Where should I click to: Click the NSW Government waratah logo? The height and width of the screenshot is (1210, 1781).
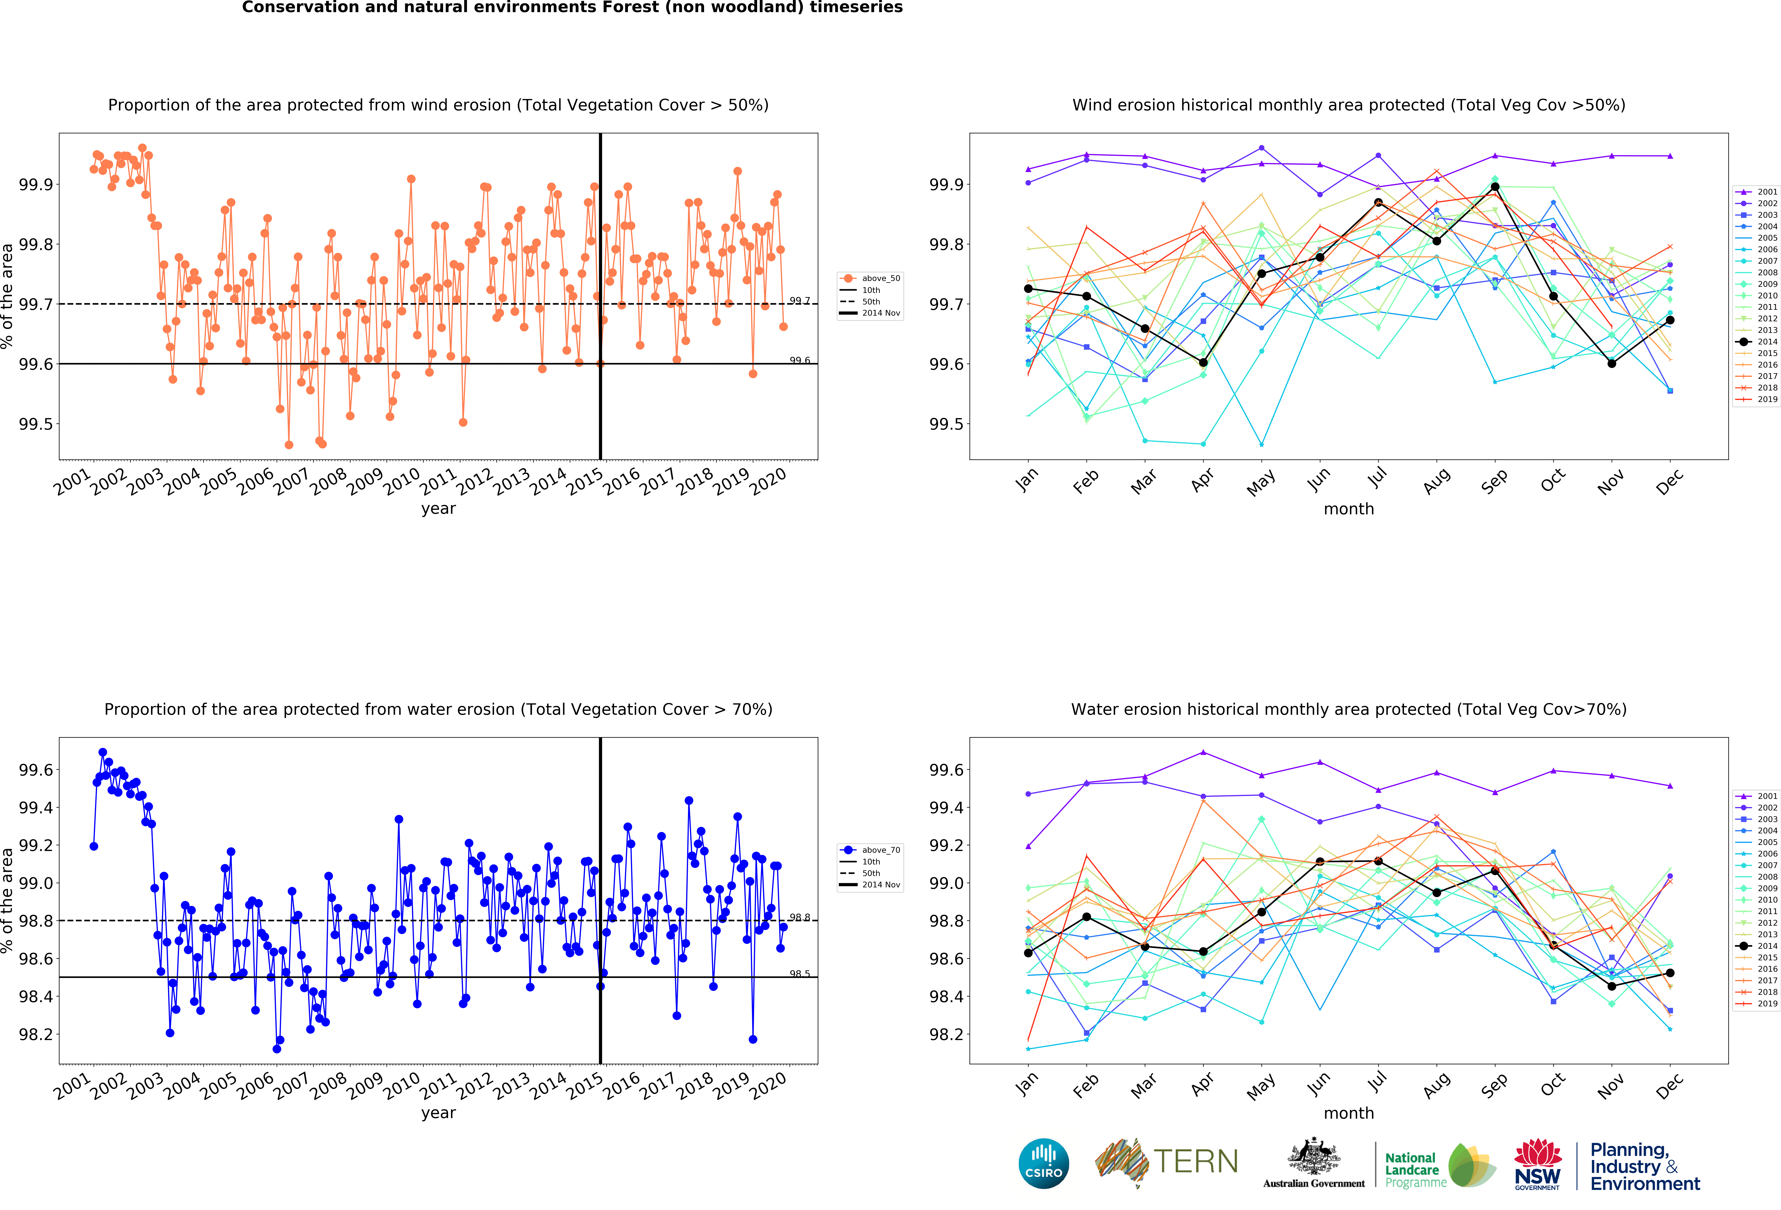pos(1537,1163)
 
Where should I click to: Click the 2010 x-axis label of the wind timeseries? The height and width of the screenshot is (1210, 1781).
pos(401,482)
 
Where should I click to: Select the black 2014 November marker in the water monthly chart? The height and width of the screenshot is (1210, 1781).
pos(1612,986)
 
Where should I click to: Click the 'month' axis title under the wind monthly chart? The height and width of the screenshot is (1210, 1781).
pos(1349,509)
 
